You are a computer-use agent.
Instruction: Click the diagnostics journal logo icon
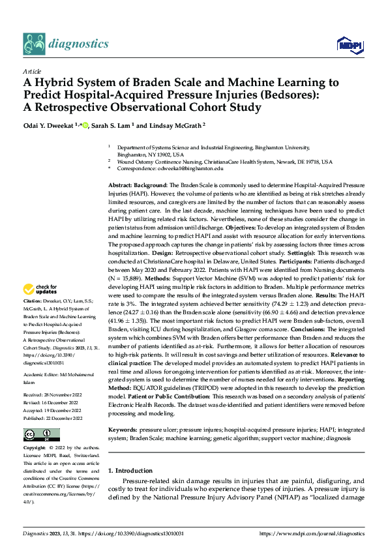34,43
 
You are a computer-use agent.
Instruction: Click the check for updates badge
41,289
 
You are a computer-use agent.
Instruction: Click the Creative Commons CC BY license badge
41,434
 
